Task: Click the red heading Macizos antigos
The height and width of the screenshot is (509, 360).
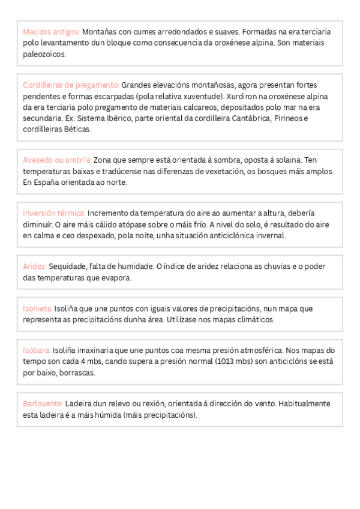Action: tap(51, 32)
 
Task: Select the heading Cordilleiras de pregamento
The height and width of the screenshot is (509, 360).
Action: tap(71, 85)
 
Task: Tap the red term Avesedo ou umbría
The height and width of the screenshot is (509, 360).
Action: tap(57, 161)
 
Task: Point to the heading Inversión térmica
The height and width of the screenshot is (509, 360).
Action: tap(54, 214)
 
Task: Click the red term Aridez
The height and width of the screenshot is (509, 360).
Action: tap(35, 267)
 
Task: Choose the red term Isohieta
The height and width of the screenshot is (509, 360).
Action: tap(38, 309)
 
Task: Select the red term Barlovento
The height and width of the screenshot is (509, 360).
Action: tap(43, 403)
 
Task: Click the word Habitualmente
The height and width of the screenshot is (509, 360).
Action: tap(307, 403)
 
